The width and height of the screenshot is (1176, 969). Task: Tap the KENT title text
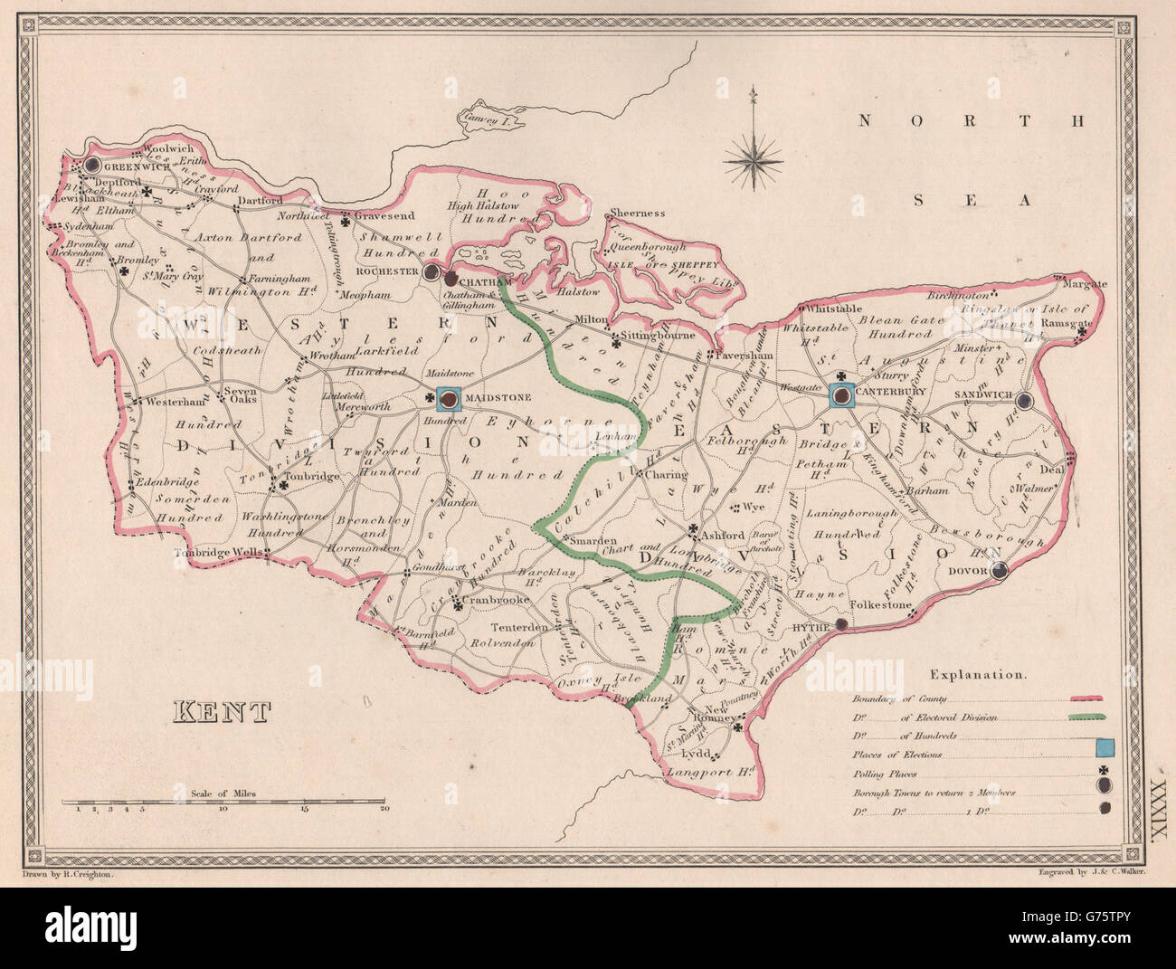pos(222,712)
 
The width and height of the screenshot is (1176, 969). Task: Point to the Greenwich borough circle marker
pos(92,166)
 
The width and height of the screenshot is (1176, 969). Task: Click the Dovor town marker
pos(1000,571)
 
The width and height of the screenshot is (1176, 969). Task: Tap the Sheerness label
pos(638,214)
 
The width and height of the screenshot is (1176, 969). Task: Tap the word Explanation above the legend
pos(978,675)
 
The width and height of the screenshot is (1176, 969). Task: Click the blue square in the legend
pos(1104,747)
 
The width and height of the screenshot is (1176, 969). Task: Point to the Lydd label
pos(693,755)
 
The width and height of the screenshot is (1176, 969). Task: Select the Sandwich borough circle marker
pos(1025,400)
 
